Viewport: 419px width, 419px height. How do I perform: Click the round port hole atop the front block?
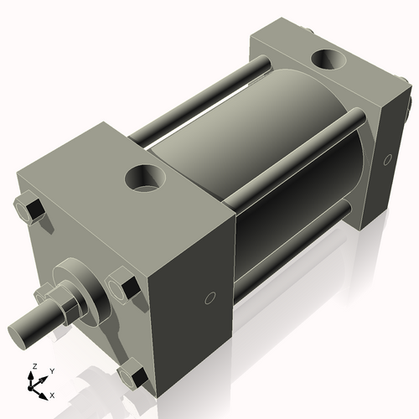[x=144, y=178]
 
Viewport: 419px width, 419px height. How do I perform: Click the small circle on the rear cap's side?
[x=387, y=158]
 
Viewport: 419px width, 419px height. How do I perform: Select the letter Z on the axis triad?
[x=34, y=366]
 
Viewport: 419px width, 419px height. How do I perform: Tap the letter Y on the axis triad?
[x=51, y=370]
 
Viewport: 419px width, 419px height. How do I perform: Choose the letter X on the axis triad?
[x=53, y=394]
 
